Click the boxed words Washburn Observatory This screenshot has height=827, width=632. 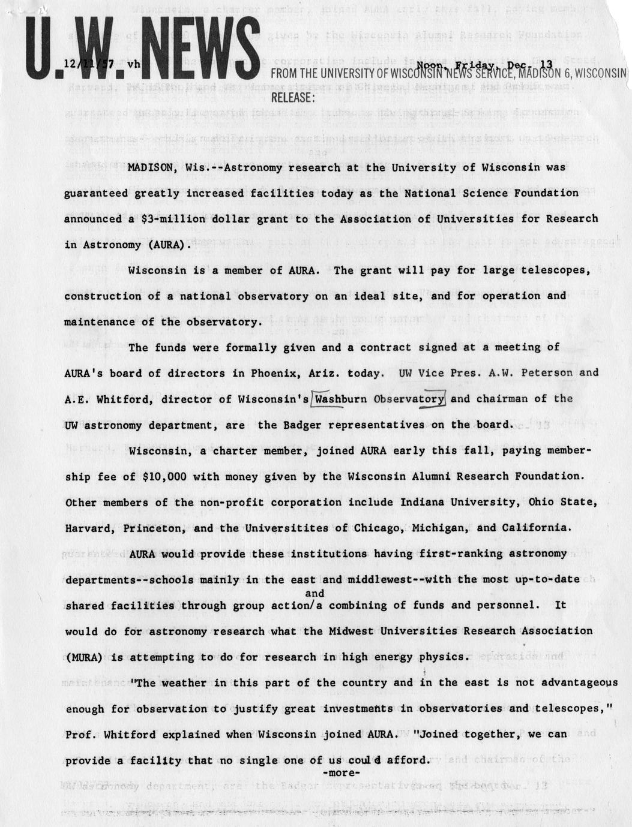click(x=379, y=399)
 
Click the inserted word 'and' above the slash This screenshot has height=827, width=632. click(x=314, y=594)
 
